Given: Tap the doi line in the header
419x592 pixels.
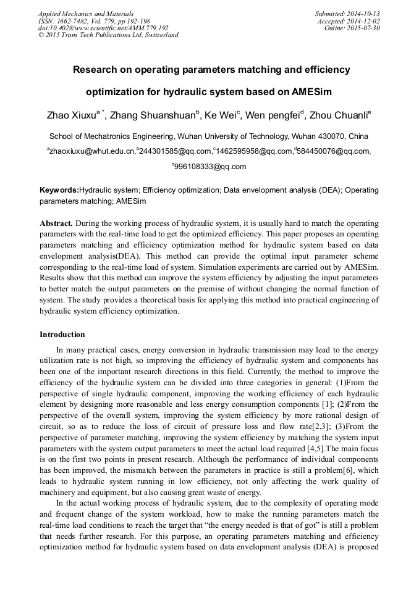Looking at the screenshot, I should pyautogui.click(x=103, y=28).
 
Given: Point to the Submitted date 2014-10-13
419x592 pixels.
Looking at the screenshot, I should pyautogui.click(x=347, y=14).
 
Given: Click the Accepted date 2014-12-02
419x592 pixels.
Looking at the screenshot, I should pyautogui.click(x=349, y=21).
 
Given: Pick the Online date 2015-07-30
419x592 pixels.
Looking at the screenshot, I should pyautogui.click(x=352, y=28).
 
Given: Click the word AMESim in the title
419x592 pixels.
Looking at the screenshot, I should pyautogui.click(x=309, y=93).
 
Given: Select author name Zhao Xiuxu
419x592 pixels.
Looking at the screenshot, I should pyautogui.click(x=71, y=115).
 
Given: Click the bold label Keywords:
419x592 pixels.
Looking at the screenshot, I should pyautogui.click(x=59, y=190).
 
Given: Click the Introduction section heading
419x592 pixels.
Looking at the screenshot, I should pyautogui.click(x=62, y=335).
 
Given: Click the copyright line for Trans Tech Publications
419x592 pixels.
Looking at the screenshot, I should pyautogui.click(x=108, y=35).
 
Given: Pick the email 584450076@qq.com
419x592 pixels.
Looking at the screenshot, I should pyautogui.click(x=334, y=151).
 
